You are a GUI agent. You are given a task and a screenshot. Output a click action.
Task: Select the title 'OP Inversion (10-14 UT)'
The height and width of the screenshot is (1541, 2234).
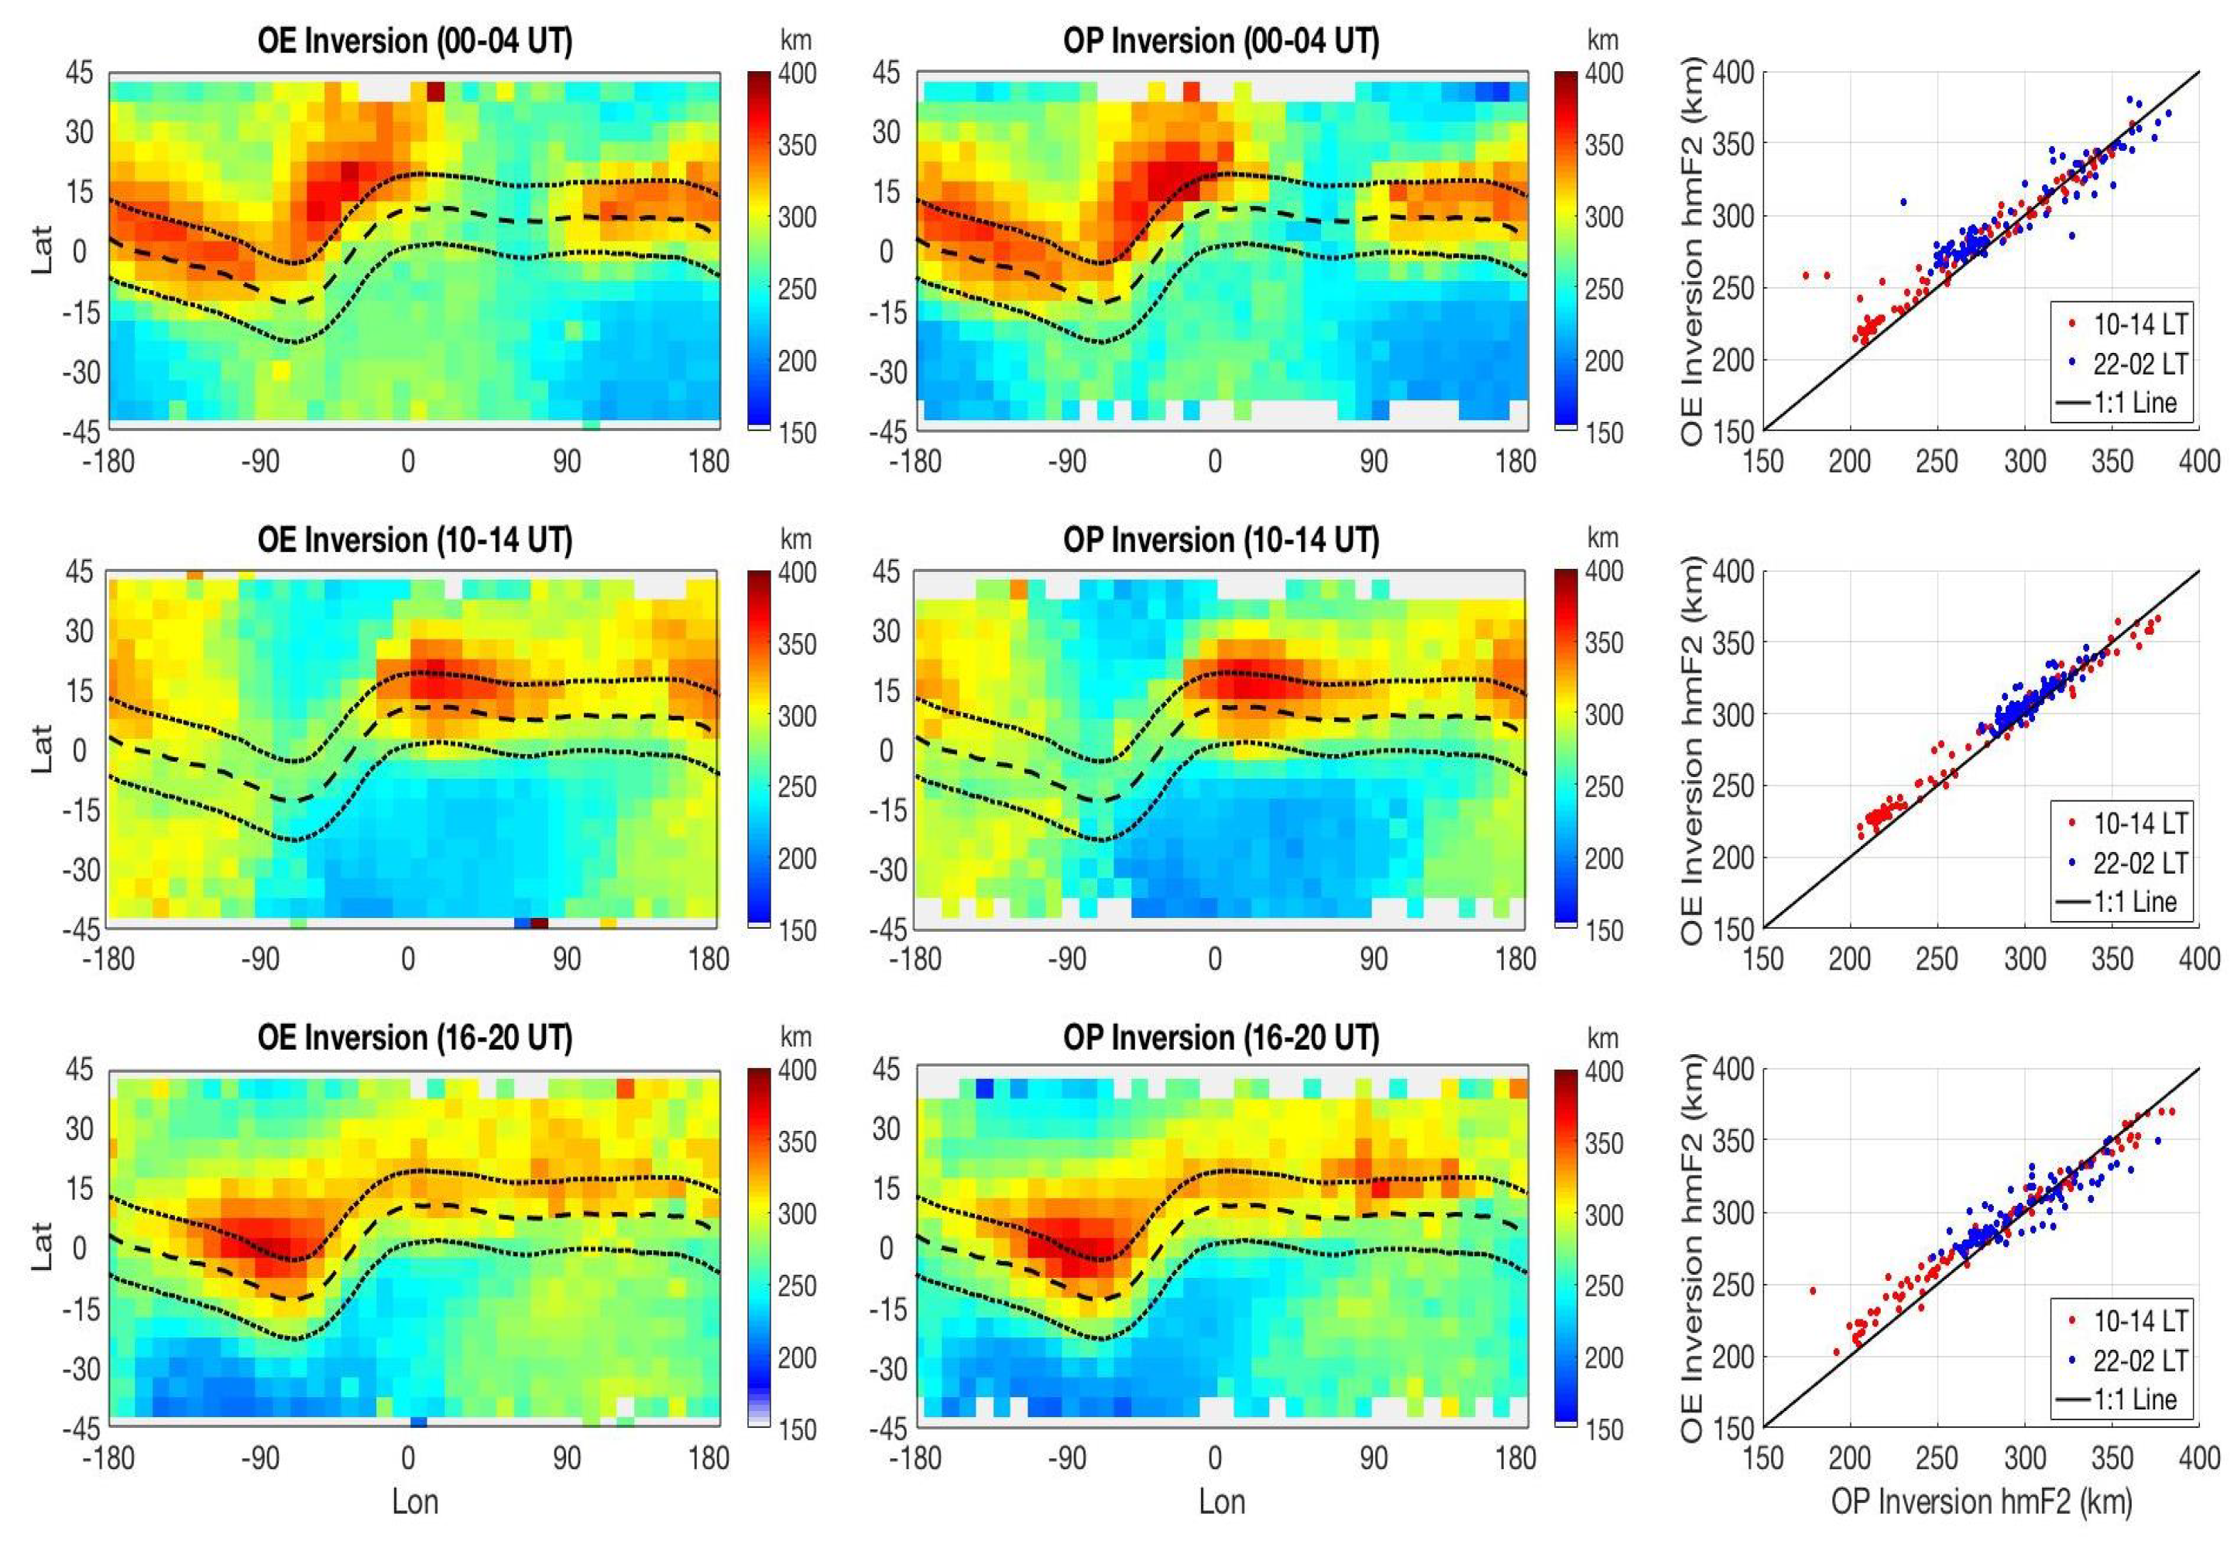(1221, 539)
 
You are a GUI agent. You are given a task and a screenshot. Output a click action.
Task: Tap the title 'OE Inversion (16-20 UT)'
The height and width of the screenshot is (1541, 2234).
(414, 1037)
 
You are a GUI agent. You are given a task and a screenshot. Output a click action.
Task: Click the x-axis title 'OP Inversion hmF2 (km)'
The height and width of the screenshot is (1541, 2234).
(1981, 1501)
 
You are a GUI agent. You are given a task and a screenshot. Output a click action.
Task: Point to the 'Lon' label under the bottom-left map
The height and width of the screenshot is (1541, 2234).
(414, 1502)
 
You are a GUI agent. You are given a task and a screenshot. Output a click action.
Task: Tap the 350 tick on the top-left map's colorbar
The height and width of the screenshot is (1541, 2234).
(797, 145)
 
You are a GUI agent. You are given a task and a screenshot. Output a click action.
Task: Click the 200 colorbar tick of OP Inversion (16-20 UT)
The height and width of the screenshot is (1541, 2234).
(1604, 1358)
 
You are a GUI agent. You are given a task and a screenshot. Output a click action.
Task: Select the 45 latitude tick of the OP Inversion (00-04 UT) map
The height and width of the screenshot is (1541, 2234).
(886, 73)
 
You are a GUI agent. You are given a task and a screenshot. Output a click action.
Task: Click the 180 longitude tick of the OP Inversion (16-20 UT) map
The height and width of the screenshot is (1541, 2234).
(1515, 1458)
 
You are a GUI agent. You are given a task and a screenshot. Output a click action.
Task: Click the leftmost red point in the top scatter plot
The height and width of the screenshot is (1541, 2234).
(1805, 276)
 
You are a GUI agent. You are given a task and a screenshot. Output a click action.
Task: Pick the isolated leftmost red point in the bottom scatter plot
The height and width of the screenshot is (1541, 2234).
(1812, 1290)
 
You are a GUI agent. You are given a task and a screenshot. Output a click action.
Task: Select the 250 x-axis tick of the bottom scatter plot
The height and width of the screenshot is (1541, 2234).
(1937, 1458)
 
